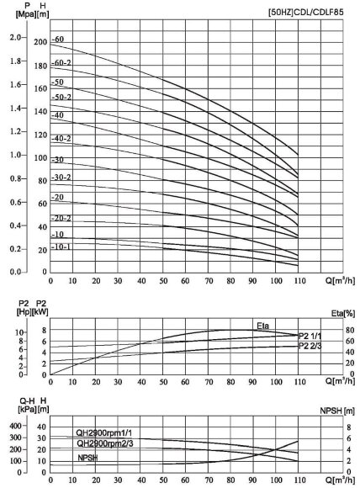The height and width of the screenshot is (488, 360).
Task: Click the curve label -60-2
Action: [x=61, y=63]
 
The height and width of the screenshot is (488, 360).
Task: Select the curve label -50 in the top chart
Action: [x=59, y=82]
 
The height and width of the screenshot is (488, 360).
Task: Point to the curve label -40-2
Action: [x=61, y=138]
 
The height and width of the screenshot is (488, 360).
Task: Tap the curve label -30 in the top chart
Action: [x=59, y=159]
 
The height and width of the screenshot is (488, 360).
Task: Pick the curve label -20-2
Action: [x=61, y=217]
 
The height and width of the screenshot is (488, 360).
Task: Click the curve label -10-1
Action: [x=61, y=247]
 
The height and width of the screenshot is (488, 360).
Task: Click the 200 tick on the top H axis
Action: [x=40, y=41]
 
